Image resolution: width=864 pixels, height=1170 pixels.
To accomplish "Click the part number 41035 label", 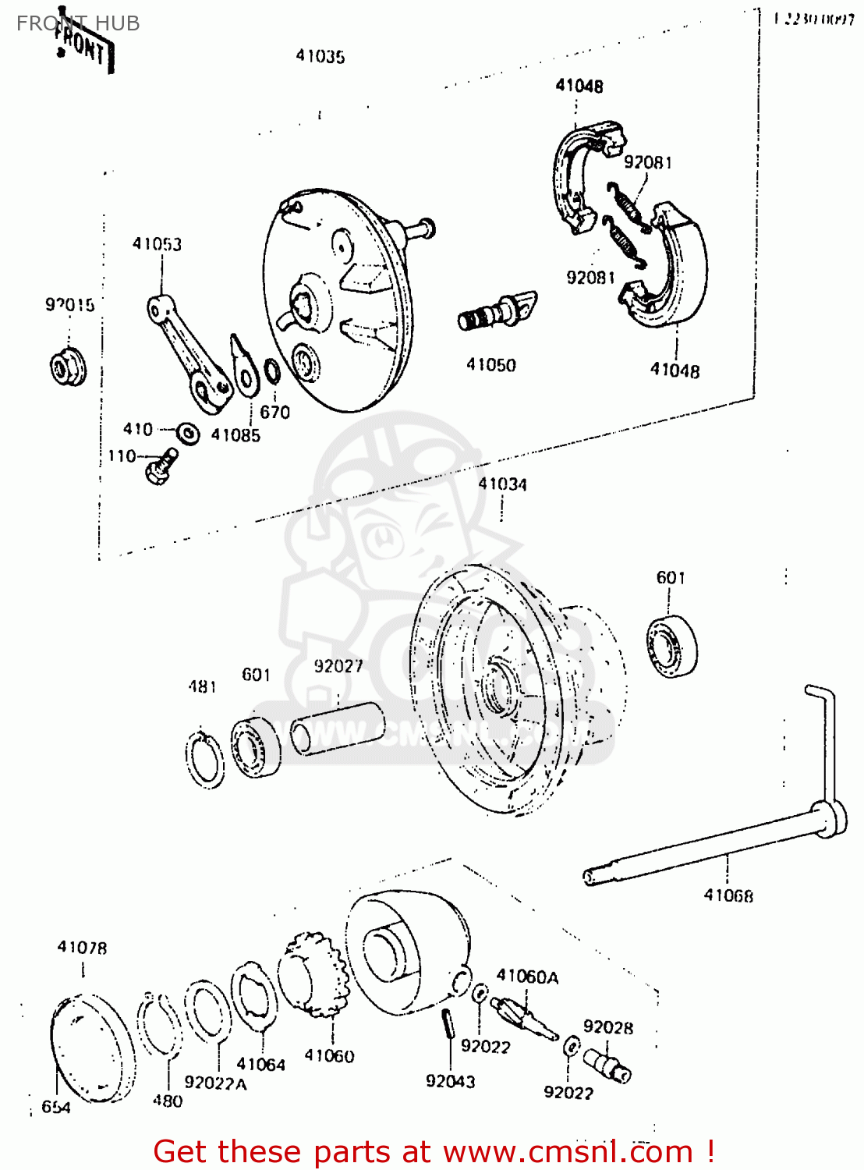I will click(320, 56).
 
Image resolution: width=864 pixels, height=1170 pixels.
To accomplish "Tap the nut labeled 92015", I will click(68, 368).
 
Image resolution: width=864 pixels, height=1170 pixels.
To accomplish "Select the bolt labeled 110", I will click(161, 466).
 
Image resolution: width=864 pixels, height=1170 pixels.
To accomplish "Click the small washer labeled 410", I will click(188, 433).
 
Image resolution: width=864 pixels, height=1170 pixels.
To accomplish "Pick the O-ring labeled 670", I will click(272, 372).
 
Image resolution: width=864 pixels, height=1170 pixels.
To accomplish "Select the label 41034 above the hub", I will click(502, 484).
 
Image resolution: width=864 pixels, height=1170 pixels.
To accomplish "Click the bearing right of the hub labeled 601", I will click(672, 646).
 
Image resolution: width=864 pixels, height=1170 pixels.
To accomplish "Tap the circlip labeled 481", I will click(204, 760).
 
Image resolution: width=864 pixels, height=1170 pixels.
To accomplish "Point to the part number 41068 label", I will click(728, 895).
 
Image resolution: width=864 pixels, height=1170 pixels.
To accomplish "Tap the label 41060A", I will click(527, 977).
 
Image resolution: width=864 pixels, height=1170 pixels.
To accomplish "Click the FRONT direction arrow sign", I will click(83, 47).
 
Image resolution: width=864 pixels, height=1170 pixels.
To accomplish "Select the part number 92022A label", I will click(215, 1083).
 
